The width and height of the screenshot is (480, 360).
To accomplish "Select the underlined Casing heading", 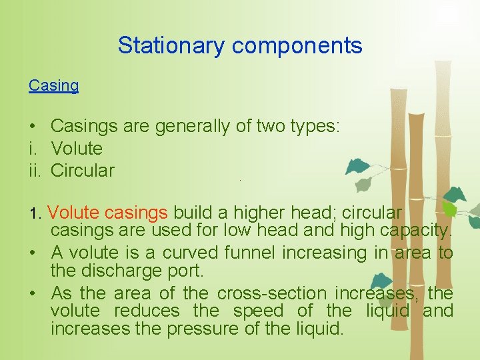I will pyautogui.click(x=53, y=85).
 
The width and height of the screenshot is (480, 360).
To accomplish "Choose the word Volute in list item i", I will pyautogui.click(x=77, y=148).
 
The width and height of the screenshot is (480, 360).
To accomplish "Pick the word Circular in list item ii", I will pyautogui.click(x=83, y=170).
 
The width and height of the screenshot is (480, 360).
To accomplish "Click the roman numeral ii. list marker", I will pyautogui.click(x=35, y=170).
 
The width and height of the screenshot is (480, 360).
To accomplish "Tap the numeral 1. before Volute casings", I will pyautogui.click(x=35, y=214).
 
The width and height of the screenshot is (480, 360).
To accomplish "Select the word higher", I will pyautogui.click(x=257, y=213).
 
